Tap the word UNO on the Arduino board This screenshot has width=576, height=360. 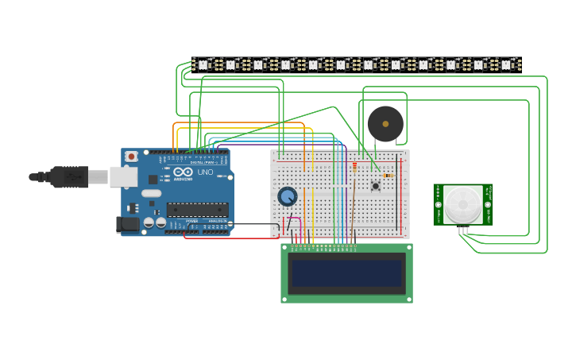coord(205,172)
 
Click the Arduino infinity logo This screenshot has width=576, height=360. coord(183,172)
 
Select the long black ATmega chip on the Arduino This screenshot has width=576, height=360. coord(197,210)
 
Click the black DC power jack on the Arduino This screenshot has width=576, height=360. coord(127,225)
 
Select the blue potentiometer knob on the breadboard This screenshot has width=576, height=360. coord(287,195)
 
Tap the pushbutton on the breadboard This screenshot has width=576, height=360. coord(376,186)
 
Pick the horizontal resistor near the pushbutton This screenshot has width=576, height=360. coord(388,176)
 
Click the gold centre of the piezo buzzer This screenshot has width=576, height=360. coord(385,124)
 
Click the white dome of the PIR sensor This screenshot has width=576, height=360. coord(462,204)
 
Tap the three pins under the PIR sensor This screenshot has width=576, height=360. coord(462,230)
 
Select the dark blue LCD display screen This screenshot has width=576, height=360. coord(346,273)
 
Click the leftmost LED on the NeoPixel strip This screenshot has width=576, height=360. coord(203,64)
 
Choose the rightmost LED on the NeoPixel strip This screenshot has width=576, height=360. coord(506,64)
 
